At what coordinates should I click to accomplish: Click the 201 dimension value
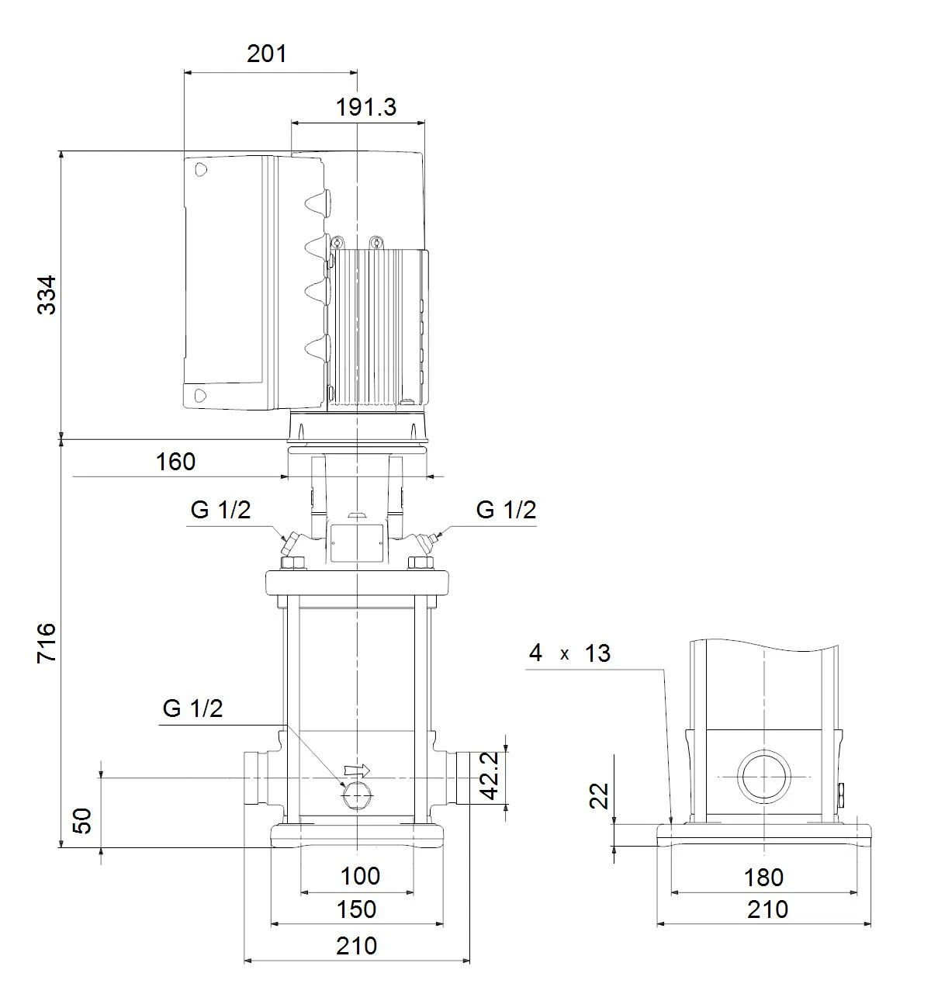point(267,54)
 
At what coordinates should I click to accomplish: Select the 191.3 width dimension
point(366,107)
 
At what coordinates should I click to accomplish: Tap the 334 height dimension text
point(47,295)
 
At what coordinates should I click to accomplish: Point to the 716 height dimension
point(47,643)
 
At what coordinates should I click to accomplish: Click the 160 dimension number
point(175,462)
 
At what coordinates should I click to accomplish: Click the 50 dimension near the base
point(83,820)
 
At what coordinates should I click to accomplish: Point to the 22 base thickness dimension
point(599,796)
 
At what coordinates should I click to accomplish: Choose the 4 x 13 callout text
point(569,653)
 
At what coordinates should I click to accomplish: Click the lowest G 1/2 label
point(192,708)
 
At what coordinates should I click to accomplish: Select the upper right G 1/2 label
point(506,510)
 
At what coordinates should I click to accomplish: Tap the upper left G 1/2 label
point(220,510)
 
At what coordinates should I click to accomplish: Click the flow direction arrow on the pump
point(356,769)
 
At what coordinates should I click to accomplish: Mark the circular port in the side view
point(764,777)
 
